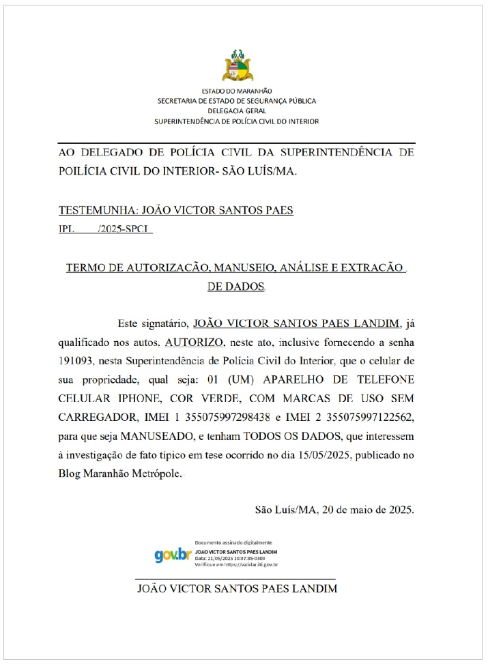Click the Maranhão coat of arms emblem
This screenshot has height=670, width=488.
[237, 66]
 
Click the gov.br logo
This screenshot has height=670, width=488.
[173, 555]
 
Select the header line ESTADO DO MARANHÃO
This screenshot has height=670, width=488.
[237, 91]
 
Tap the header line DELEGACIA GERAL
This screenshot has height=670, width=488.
[237, 111]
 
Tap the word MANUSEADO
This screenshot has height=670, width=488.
[174, 435]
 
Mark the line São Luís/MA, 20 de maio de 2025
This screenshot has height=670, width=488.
[334, 509]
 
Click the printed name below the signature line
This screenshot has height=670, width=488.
[237, 588]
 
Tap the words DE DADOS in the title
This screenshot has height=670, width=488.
[235, 287]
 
